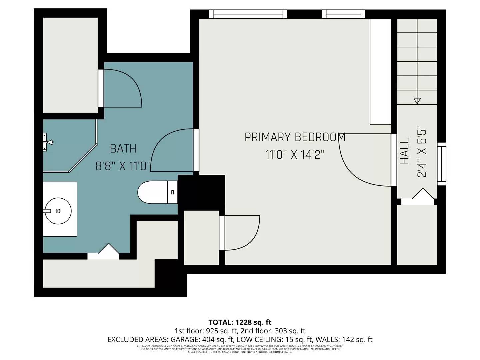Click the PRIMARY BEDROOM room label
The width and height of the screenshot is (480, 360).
[x=295, y=137]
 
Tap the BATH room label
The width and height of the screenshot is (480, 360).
[x=123, y=148]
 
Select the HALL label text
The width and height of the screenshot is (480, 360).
[x=404, y=151]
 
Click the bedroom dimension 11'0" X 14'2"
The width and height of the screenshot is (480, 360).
[x=295, y=155]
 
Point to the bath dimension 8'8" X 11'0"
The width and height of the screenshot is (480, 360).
[x=123, y=166]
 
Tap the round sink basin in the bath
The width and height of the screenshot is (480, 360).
[x=58, y=211]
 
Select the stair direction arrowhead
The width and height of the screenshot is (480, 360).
[x=417, y=101]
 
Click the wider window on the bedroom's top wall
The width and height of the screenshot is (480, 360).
[x=248, y=14]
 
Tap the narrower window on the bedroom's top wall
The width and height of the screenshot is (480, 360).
[x=343, y=14]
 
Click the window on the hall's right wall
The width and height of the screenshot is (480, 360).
[x=441, y=164]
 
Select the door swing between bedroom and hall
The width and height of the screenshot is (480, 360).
[x=363, y=160]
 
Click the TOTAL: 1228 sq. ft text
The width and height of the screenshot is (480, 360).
[x=240, y=322]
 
